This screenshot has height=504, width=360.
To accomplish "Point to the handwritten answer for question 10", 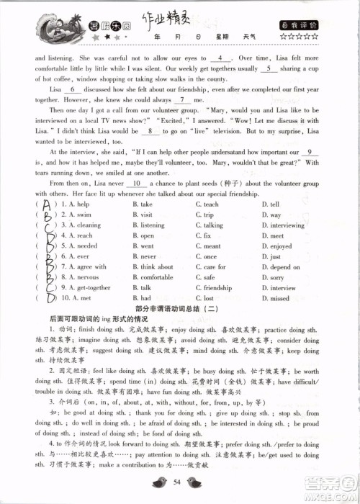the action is coord(49,297).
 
